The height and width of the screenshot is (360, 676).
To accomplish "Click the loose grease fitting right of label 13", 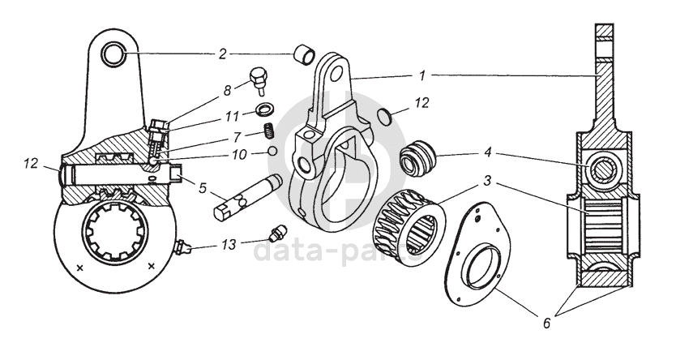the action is coord(276,234).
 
